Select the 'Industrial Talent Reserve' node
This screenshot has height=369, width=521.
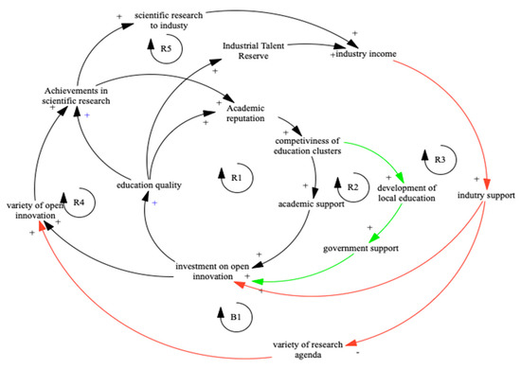(259, 51)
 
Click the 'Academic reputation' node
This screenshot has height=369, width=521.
(251, 114)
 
